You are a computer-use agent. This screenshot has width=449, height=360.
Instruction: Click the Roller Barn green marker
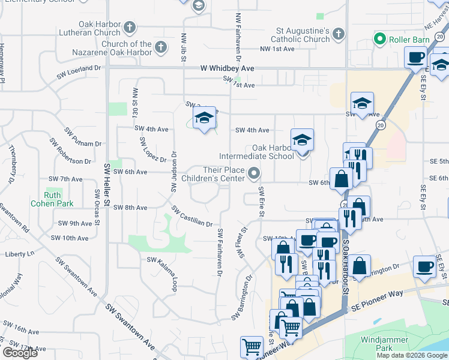click(x=379, y=40)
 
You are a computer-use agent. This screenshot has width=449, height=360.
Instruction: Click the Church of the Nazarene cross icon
click(x=160, y=46)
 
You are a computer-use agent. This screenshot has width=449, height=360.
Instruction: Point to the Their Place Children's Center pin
click(x=254, y=174)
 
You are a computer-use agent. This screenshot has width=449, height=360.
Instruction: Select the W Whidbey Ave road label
click(x=228, y=69)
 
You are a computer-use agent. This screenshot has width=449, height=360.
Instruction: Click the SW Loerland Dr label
click(x=79, y=70)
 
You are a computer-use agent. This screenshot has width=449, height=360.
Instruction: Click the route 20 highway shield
click(x=381, y=124)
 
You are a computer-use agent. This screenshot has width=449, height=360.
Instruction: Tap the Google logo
click(x=20, y=353)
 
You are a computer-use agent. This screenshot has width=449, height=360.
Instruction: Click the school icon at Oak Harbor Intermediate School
click(x=303, y=141)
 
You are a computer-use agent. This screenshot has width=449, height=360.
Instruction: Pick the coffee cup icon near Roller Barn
click(x=416, y=58)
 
